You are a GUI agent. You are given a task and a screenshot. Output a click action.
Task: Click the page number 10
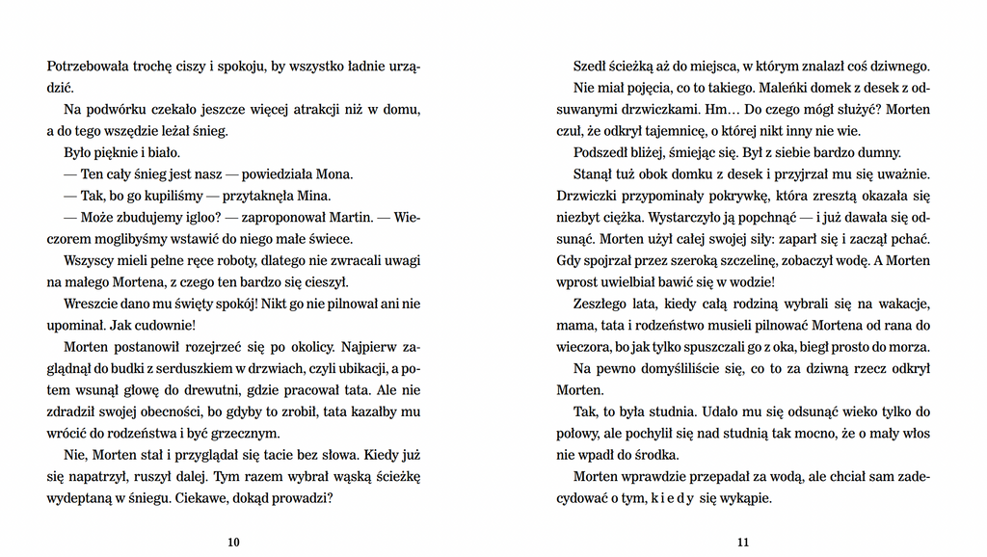(x=233, y=543)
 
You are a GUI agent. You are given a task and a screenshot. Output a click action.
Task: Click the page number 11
(x=743, y=543)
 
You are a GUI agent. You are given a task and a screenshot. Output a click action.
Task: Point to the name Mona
(x=334, y=174)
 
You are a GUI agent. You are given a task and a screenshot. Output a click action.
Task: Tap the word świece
(x=331, y=239)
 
